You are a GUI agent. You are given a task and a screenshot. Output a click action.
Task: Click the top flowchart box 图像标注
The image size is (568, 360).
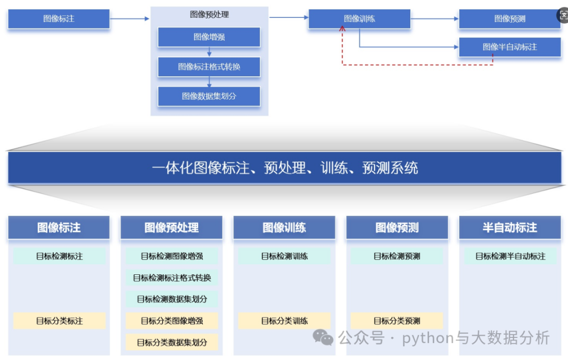point(59,19)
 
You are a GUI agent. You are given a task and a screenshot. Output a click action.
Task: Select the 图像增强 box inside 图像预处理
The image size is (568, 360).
point(209,37)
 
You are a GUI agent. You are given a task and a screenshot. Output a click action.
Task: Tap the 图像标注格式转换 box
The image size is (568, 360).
point(209,67)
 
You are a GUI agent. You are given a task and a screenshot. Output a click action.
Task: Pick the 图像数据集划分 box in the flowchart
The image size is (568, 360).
point(209,96)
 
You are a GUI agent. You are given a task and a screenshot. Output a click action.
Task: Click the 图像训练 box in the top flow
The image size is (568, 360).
point(359,19)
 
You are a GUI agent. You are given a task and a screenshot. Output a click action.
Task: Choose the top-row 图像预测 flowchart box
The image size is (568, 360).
point(510,19)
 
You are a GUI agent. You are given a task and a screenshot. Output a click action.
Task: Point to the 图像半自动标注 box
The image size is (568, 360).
point(510,47)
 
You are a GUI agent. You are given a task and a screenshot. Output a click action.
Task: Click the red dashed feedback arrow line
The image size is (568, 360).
point(415,65)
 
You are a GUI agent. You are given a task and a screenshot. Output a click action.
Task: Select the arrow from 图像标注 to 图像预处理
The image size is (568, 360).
point(130,19)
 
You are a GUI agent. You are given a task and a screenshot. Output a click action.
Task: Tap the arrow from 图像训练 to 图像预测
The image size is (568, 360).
point(434,19)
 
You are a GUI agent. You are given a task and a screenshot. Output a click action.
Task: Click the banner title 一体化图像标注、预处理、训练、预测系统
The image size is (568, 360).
point(285,168)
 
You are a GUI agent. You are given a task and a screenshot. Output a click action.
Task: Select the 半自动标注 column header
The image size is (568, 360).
point(510,228)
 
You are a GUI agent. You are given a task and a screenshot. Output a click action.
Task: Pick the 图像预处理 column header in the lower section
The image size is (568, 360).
point(171,228)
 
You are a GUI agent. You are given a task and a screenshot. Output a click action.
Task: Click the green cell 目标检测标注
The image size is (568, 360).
point(59,256)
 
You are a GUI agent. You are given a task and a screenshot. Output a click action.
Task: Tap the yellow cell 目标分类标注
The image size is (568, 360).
point(59,321)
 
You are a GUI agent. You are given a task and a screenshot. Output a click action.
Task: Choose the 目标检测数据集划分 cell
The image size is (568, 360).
point(172,299)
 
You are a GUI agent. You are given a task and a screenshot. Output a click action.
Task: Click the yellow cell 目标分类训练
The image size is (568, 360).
point(285,321)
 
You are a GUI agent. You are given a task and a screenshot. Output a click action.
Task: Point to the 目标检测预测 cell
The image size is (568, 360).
point(397,256)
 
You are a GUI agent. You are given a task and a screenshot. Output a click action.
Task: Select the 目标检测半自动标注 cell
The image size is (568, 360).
point(510,256)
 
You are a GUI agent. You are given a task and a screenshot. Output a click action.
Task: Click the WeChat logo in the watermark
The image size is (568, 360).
point(323,337)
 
